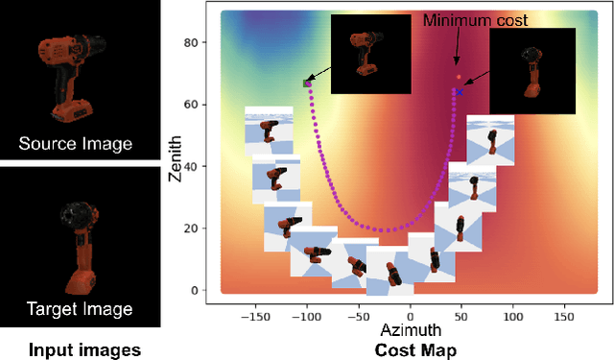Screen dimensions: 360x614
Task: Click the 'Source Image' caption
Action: (76, 145)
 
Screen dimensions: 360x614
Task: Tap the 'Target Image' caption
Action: (76, 309)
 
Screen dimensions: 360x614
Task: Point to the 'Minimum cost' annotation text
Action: (475, 18)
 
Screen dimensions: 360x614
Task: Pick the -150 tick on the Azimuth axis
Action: (255, 313)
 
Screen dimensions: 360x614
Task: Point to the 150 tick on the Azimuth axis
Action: (566, 313)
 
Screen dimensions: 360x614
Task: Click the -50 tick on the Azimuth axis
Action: (358, 313)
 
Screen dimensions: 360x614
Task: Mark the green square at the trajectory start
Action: (307, 84)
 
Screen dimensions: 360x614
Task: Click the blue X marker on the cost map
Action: (460, 92)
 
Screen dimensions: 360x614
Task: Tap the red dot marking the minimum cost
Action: (459, 77)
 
